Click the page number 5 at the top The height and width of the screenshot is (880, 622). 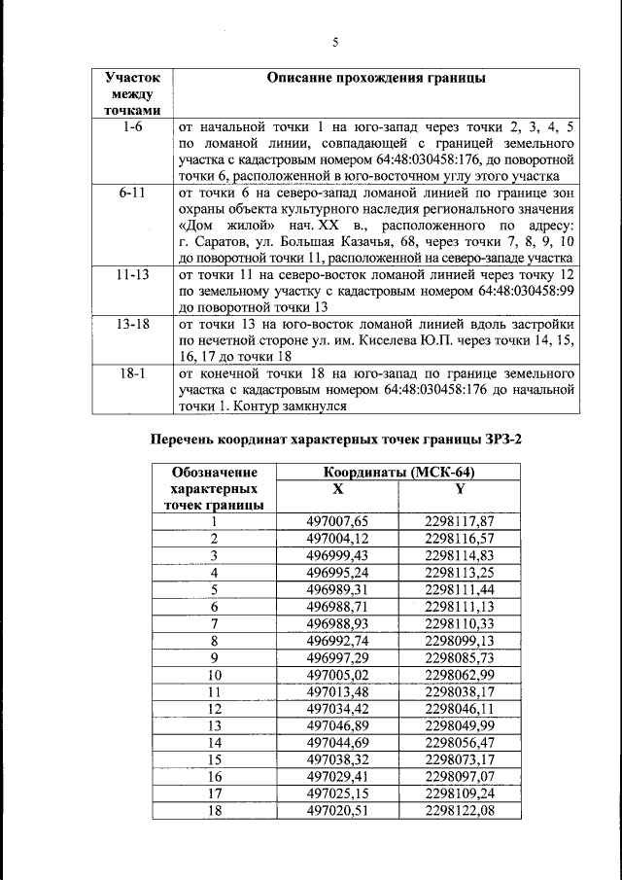(x=334, y=42)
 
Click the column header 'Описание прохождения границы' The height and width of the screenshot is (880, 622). (x=375, y=78)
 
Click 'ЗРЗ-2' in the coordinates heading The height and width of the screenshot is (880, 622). (x=501, y=440)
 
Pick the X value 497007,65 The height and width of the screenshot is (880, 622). (x=337, y=521)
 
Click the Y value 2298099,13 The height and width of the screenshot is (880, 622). (x=460, y=640)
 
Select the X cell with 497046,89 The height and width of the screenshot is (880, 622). (x=337, y=725)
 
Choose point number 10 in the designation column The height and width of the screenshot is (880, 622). (x=214, y=674)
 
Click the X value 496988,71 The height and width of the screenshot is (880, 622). (x=337, y=606)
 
